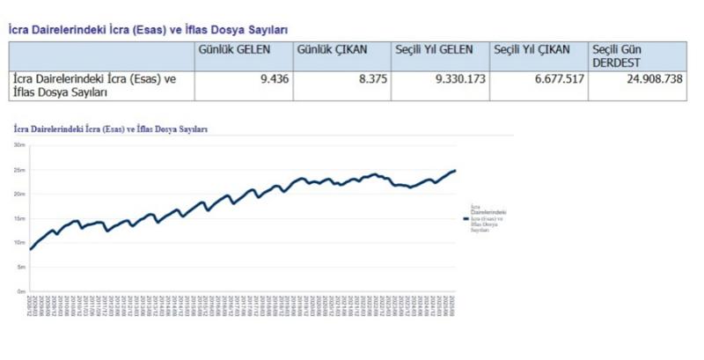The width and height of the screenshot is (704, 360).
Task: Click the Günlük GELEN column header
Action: [235, 51]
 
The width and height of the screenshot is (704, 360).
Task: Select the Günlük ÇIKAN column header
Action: [333, 51]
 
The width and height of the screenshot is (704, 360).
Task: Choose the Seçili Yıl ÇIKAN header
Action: [533, 51]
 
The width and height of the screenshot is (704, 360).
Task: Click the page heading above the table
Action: [148, 30]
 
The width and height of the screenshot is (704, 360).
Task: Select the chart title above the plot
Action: [111, 129]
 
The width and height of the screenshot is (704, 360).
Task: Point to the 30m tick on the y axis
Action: [18, 145]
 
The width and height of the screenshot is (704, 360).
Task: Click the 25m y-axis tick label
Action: [18, 170]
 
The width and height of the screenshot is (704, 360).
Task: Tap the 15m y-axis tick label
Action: [18, 218]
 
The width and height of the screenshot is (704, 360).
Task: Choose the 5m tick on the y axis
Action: [19, 267]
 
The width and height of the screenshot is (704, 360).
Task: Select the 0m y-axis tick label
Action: [19, 290]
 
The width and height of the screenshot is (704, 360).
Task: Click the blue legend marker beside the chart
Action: [466, 217]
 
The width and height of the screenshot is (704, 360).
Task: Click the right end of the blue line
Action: [455, 171]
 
